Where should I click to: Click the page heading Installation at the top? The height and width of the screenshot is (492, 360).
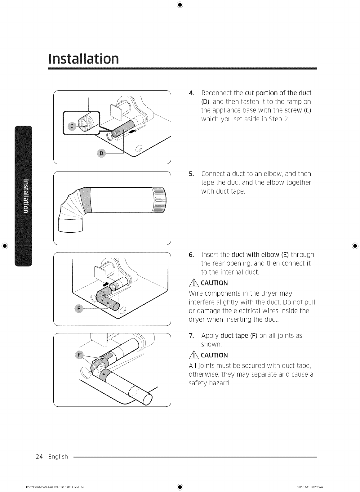[x=83, y=59]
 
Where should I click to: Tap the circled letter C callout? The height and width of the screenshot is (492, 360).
[x=72, y=126]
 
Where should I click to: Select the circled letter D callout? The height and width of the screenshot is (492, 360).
[x=101, y=153]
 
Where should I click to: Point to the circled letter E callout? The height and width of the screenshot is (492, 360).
[x=79, y=309]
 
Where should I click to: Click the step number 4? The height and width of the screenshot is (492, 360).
[x=191, y=93]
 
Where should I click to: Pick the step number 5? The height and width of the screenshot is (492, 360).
[x=191, y=174]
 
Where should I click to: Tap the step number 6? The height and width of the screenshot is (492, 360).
[x=191, y=255]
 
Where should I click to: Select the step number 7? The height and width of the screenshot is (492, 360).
[x=191, y=336]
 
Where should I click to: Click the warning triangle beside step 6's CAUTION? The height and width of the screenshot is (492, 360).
[x=194, y=283]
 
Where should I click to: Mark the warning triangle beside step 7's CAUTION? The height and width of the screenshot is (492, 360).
[x=194, y=355]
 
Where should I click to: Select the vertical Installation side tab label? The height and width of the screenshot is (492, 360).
[x=26, y=196]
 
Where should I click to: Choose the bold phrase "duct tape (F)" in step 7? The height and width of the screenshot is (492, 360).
[x=239, y=336]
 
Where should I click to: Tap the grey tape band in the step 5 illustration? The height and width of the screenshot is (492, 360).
[x=86, y=200]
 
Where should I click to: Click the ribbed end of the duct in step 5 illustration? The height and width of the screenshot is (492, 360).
[x=159, y=200]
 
